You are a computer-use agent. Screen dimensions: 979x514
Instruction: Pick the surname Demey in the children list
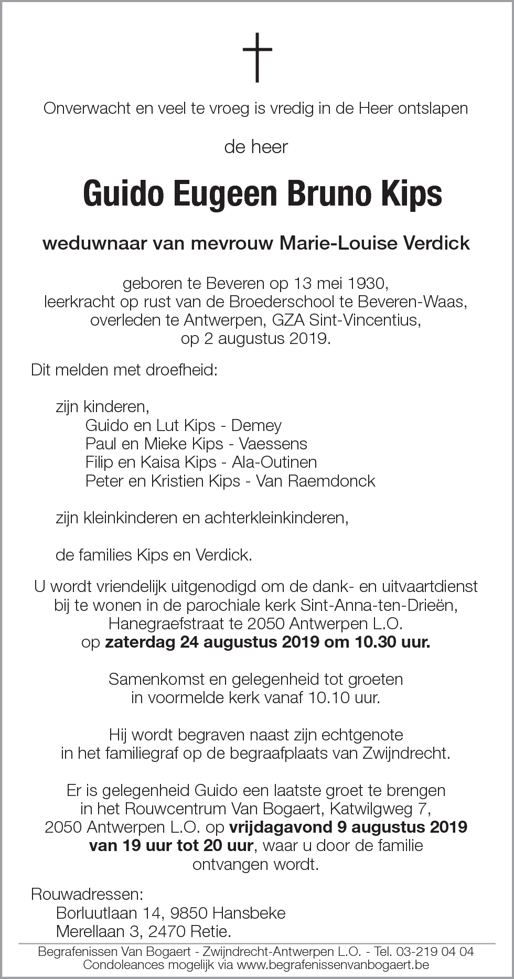point(256,425)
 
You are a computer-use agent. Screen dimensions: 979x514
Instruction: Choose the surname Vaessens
point(273,444)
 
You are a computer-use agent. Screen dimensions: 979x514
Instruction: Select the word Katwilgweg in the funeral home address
point(368,809)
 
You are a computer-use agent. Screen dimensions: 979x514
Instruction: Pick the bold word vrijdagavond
point(280,827)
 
